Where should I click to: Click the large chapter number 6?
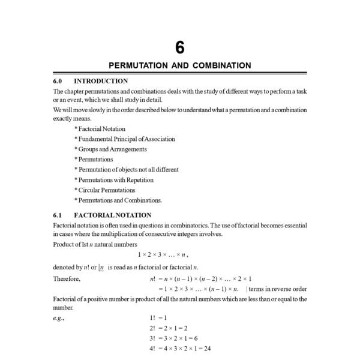tap(180, 47)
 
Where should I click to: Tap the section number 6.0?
tap(58, 81)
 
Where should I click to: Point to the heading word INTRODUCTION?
tap(101, 81)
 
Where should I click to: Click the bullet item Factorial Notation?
tap(100, 128)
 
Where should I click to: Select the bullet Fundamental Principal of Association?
tap(124, 139)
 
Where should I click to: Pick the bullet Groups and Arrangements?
tap(110, 149)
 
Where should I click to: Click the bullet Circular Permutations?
tap(104, 190)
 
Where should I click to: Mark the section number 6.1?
tap(58, 215)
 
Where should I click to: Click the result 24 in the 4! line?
tap(207, 348)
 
